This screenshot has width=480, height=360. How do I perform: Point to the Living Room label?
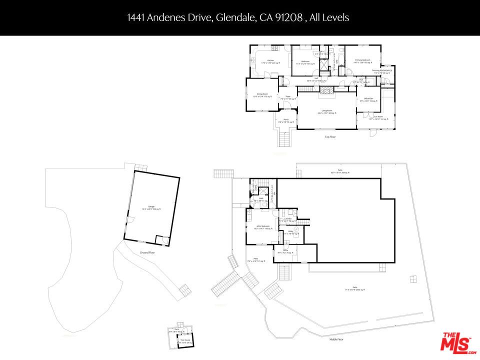(x=327, y=111)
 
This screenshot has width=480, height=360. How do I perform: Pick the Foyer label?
(x=288, y=97)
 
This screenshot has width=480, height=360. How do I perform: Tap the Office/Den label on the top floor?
(x=369, y=99)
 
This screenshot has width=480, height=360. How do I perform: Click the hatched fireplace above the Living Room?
(x=326, y=90)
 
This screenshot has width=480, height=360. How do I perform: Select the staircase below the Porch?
(x=285, y=138)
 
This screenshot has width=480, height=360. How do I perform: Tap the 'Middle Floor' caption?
(x=336, y=339)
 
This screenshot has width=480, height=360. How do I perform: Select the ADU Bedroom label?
(x=261, y=227)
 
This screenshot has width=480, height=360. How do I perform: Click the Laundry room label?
(x=287, y=219)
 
